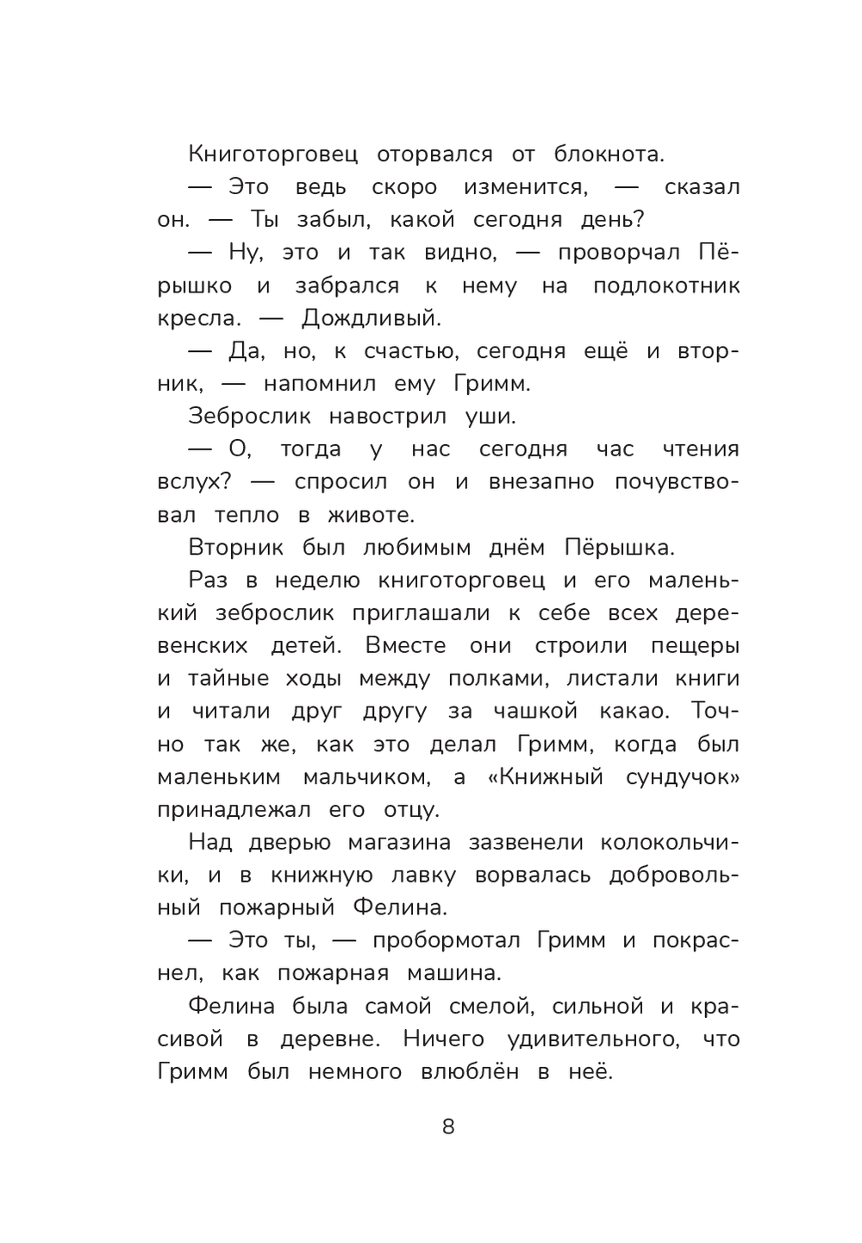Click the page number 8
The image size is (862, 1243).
pos(447,1127)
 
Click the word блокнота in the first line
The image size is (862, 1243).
pos(609,154)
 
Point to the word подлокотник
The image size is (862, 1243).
pos(666,286)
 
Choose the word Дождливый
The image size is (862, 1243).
pos(371,318)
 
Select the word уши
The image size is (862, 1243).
pos(490,417)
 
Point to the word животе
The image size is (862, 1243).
pos(371,515)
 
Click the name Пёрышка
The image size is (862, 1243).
pos(619,548)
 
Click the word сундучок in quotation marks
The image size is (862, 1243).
pos(683,777)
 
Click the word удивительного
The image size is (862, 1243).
pos(593,1039)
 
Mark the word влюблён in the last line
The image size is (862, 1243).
pos(469,1072)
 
